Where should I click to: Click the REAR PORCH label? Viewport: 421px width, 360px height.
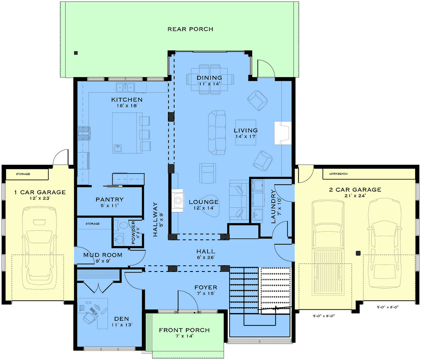tap(190, 29)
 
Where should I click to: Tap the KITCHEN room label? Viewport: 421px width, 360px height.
tap(127, 100)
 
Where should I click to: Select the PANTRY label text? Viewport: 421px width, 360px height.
tap(109, 199)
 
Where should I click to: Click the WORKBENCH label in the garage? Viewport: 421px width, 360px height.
tap(338, 174)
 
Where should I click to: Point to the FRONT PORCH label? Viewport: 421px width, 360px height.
tap(184, 330)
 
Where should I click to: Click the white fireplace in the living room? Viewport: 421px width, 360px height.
tap(282, 133)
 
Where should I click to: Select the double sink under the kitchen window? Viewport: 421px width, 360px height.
tap(126, 87)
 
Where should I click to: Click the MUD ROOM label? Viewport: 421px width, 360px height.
tap(103, 255)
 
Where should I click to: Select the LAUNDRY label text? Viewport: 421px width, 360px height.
tap(274, 207)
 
